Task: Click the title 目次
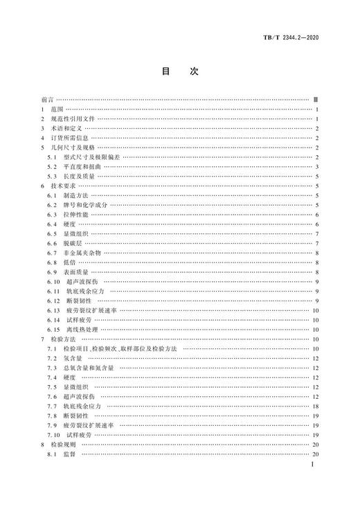point(180,71)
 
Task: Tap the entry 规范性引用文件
point(75,119)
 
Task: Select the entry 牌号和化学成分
point(84,205)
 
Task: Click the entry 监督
point(72,454)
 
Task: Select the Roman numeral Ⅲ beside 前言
point(315,100)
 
